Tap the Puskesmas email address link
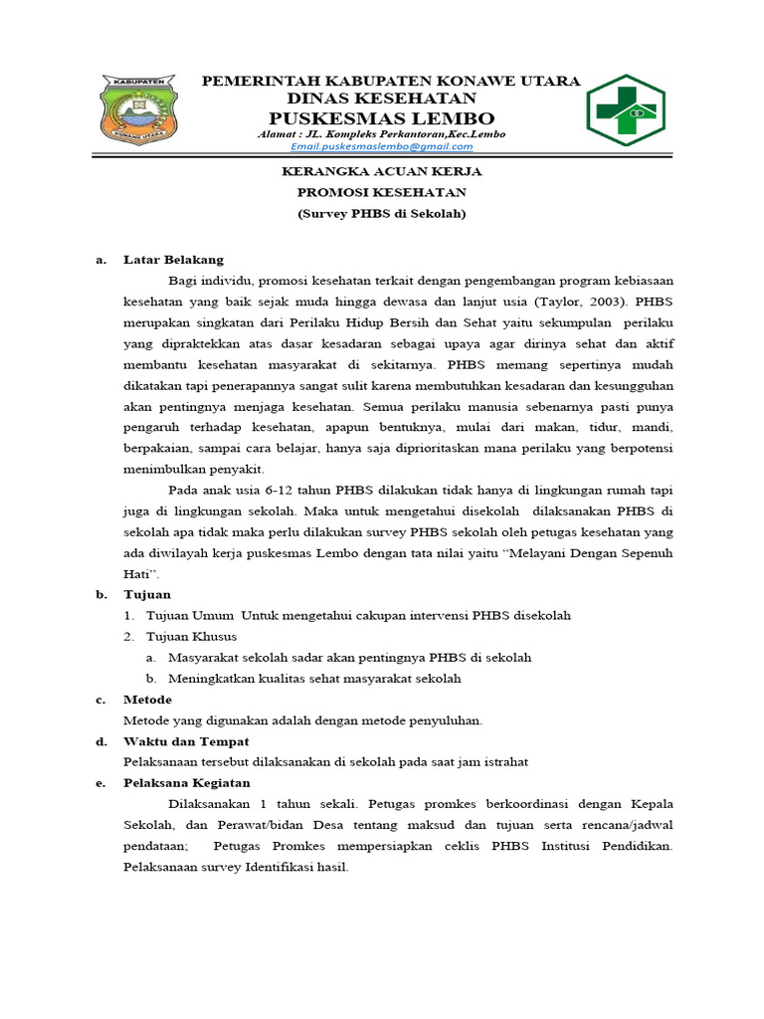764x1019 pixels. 382,146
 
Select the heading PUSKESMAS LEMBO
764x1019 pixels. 382,118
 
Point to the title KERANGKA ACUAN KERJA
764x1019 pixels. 382,171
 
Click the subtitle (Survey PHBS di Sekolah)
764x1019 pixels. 382,213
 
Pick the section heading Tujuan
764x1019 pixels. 147,594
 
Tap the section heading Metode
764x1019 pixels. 147,700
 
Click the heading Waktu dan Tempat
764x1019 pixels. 186,741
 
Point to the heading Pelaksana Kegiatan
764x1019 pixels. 187,783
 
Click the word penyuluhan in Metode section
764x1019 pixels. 447,720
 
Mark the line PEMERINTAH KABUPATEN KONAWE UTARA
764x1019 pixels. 391,81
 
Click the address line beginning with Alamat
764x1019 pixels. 381,133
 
